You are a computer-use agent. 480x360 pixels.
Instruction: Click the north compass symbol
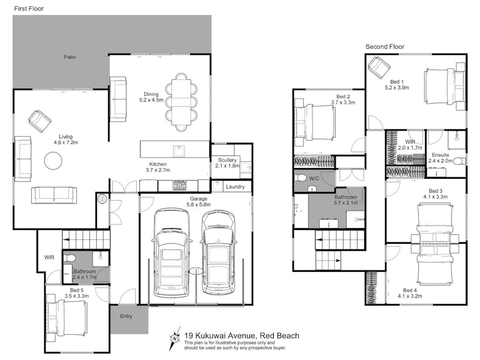174,339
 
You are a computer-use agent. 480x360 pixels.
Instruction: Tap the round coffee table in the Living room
53,161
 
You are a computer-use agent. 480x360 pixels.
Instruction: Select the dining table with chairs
181,102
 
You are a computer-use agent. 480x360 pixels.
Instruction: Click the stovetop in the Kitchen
179,186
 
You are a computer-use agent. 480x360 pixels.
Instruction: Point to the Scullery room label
227,160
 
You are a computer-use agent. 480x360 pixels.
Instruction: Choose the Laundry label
235,187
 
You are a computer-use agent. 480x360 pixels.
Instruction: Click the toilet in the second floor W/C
300,177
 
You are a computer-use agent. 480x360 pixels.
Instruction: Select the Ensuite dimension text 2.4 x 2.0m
440,161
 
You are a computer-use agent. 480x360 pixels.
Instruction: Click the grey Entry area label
126,316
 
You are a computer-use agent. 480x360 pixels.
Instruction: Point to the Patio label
70,57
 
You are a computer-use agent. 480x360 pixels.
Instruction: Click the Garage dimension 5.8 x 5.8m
198,204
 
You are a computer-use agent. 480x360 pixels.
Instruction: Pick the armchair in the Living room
40,121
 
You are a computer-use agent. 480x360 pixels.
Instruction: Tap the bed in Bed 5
67,317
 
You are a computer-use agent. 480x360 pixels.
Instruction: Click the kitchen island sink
179,151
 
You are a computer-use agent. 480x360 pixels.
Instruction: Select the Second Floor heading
385,47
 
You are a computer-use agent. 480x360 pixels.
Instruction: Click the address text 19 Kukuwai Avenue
219,336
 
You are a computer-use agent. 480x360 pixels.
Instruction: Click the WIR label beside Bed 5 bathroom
49,257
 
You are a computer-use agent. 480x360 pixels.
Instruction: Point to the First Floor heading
29,9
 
